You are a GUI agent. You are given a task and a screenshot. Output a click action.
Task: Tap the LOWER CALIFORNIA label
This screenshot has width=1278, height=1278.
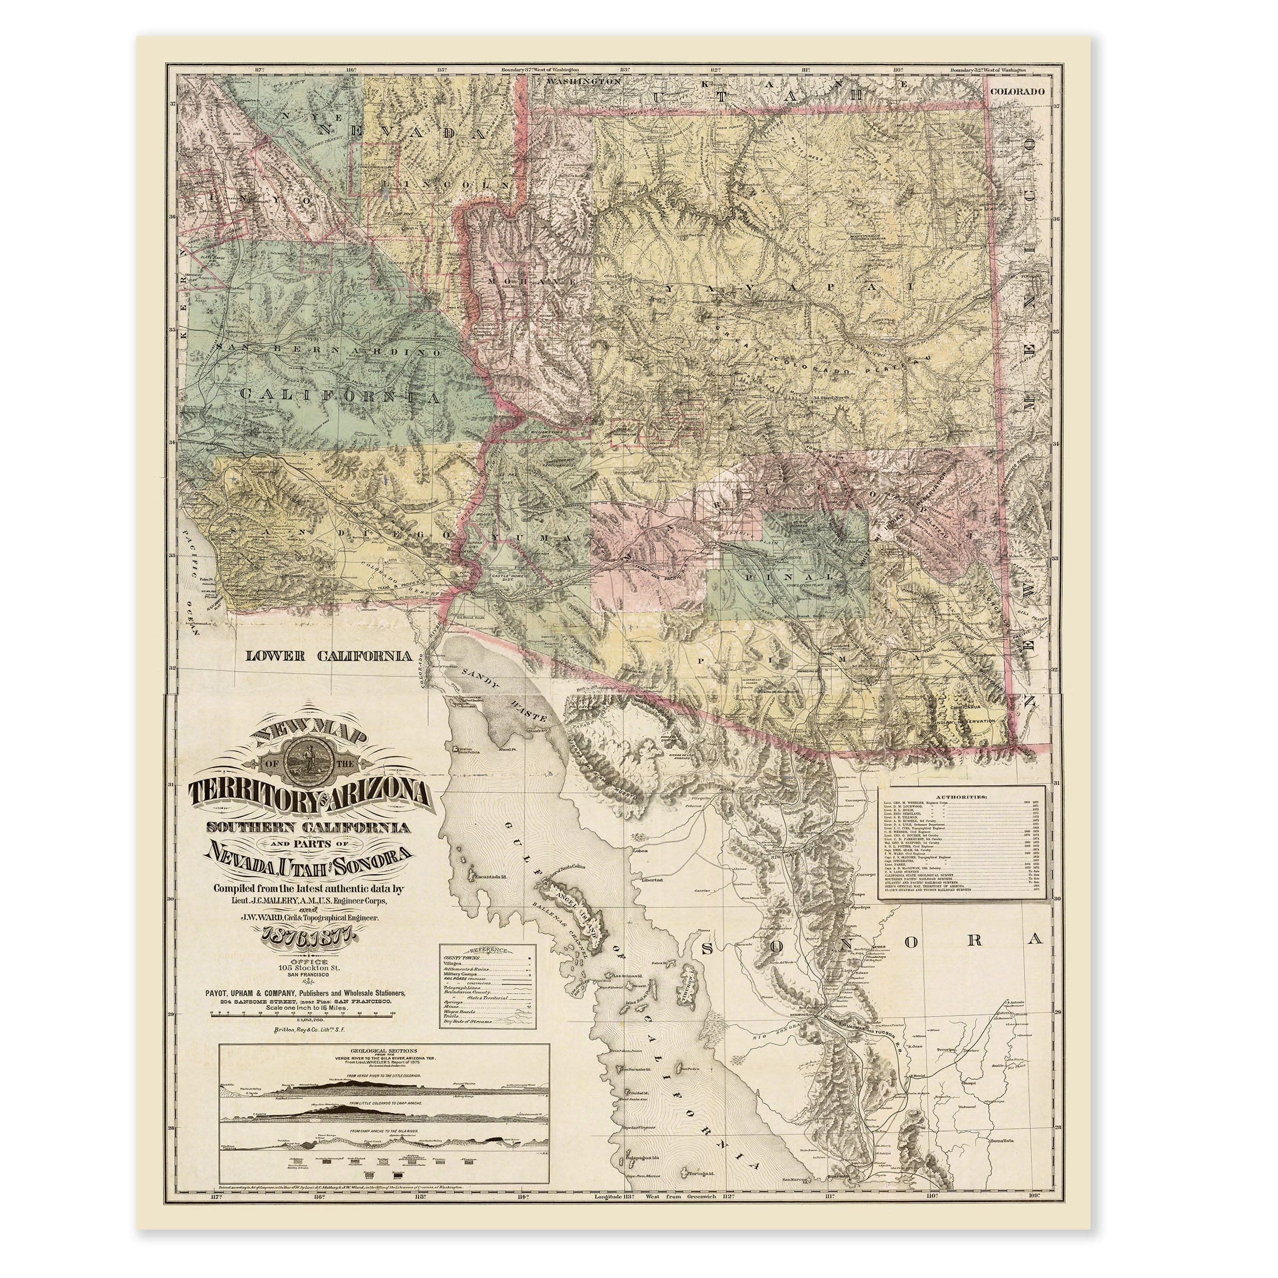(329, 656)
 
